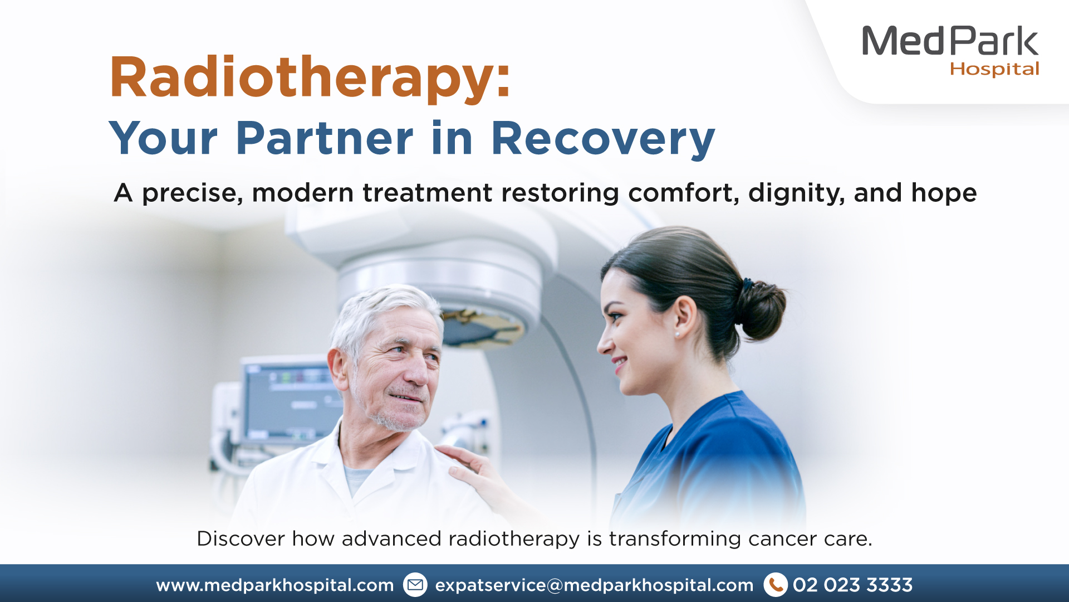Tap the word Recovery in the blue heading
click(602, 139)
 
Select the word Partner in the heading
click(325, 138)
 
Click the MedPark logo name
click(950, 41)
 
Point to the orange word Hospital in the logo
click(994, 69)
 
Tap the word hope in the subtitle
click(944, 193)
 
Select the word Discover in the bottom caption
click(241, 538)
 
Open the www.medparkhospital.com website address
click(275, 585)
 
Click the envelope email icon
click(415, 585)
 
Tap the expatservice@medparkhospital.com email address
click(594, 585)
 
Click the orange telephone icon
click(775, 585)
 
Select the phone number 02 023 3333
click(852, 585)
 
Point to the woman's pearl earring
click(678, 334)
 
